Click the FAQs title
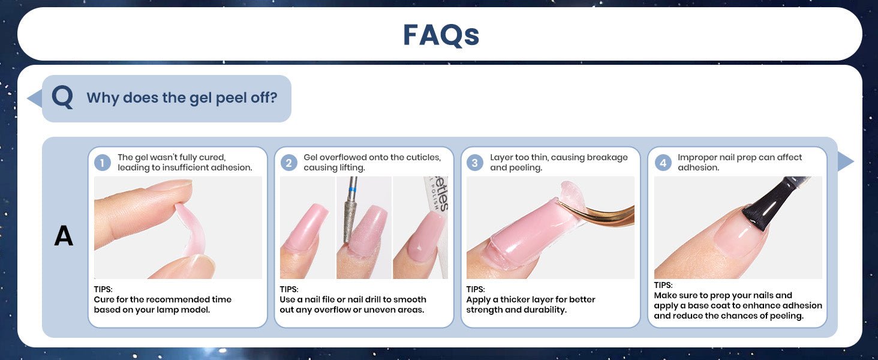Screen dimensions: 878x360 tap(441, 35)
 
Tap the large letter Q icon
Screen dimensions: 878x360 tap(62, 97)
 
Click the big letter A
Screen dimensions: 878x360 tap(64, 235)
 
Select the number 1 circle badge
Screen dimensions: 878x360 tap(103, 163)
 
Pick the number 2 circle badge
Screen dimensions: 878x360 tap(288, 163)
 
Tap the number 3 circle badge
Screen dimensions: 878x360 tap(474, 163)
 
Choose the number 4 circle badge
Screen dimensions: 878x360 tap(663, 163)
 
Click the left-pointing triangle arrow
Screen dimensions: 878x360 tap(35, 98)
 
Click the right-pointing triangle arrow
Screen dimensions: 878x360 tap(846, 161)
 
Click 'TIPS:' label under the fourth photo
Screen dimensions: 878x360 tap(663, 285)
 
